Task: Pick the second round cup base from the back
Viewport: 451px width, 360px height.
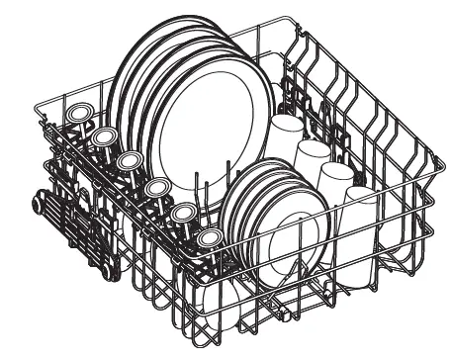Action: coord(104,135)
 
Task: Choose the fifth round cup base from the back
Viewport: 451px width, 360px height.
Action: coord(182,211)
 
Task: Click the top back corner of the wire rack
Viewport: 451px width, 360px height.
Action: coord(260,17)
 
